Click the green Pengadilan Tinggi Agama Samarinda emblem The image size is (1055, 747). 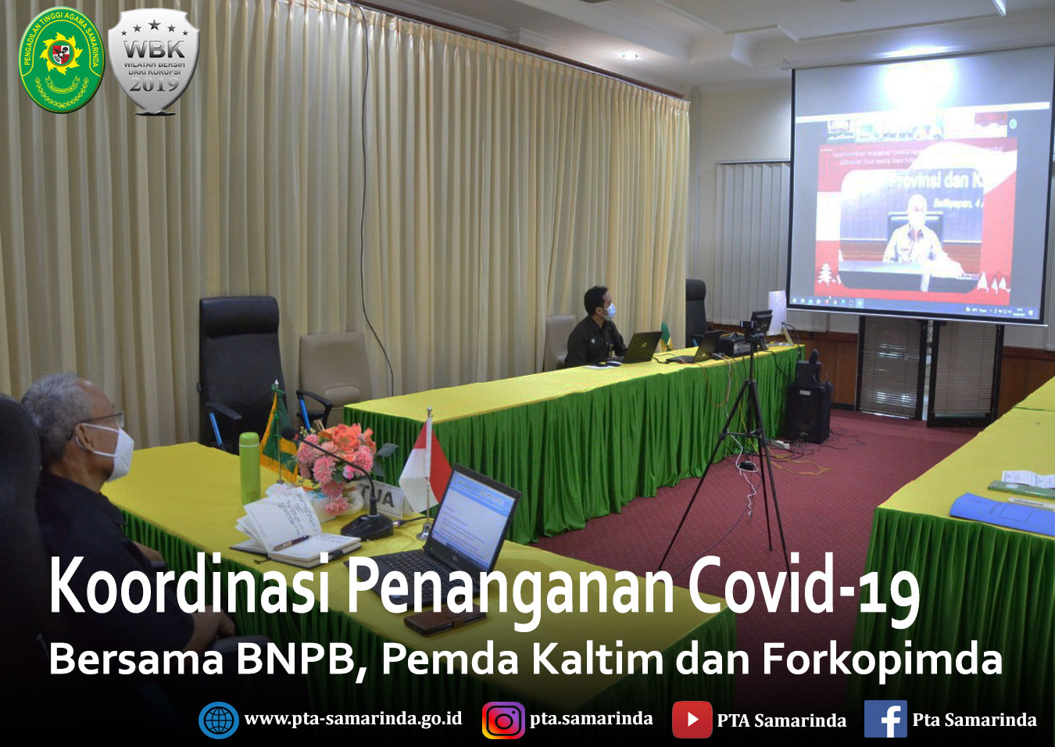point(61,59)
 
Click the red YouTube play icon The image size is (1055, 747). point(691,720)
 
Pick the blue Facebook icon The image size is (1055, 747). point(885,720)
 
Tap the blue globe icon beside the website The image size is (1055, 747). point(218,720)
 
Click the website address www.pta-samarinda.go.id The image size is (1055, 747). point(352,718)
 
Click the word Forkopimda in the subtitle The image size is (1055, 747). point(882,659)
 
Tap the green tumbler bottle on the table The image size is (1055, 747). point(249,467)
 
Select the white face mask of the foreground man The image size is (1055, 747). point(116,452)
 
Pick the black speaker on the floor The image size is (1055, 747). point(808,410)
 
